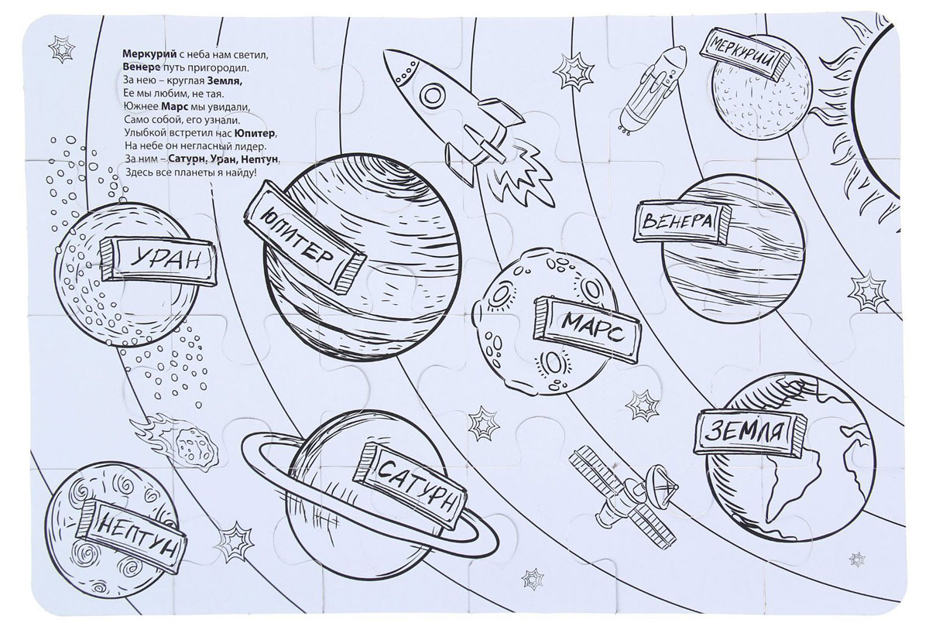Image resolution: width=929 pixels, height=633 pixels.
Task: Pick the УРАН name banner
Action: [159, 261]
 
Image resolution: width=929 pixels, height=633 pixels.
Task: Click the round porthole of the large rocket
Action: [434, 96]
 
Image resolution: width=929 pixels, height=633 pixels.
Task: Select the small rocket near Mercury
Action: [651, 89]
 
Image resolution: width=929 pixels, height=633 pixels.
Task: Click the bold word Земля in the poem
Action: [228, 81]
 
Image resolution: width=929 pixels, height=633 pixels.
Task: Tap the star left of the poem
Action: [62, 50]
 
